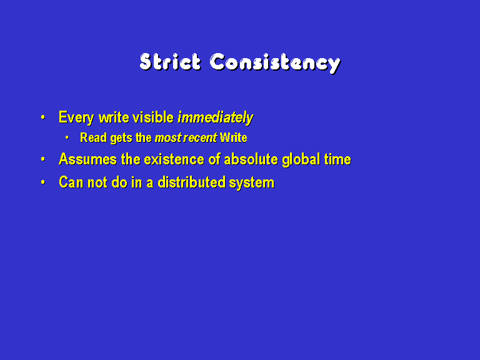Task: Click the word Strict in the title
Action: point(171,62)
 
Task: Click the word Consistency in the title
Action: point(275,63)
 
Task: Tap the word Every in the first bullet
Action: point(76,117)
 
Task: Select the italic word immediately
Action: point(216,117)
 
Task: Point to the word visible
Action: point(153,117)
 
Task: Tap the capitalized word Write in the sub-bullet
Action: point(234,137)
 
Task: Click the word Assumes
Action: point(88,159)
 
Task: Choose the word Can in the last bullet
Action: point(71,182)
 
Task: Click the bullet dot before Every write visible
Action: point(43,117)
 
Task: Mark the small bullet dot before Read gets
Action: point(67,137)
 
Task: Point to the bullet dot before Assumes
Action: point(43,159)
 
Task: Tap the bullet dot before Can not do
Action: point(43,182)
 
